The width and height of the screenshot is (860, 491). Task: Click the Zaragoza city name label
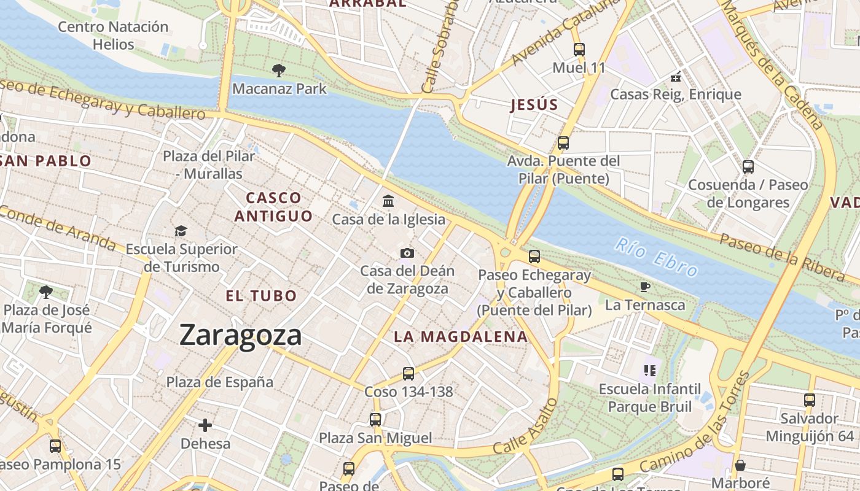click(240, 335)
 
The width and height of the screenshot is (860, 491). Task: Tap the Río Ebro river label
click(657, 257)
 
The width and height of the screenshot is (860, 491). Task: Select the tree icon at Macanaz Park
click(278, 71)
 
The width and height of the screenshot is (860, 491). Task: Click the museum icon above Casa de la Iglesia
click(388, 201)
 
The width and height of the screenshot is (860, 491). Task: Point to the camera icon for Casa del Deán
click(407, 253)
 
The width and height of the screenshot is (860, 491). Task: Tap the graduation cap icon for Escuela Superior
click(181, 231)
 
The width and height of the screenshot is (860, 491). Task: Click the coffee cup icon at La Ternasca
click(644, 287)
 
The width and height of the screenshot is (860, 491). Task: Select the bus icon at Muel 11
click(579, 50)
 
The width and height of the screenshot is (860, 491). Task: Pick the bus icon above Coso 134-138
click(408, 373)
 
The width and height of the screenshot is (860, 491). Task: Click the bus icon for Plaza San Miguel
click(375, 420)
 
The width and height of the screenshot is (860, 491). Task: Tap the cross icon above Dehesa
click(205, 425)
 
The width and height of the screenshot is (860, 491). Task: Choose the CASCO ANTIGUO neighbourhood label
click(273, 207)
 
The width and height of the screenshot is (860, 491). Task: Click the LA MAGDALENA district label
click(461, 336)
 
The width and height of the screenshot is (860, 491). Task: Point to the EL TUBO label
click(261, 296)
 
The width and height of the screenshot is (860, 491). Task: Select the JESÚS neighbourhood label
click(534, 105)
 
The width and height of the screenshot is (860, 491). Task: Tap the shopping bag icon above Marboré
click(740, 465)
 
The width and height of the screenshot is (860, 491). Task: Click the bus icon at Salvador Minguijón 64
click(810, 400)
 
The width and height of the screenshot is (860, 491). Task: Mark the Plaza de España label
click(220, 382)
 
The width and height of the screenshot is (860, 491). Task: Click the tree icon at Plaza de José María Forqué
click(45, 292)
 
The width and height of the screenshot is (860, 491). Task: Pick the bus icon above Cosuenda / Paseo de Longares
click(748, 166)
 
